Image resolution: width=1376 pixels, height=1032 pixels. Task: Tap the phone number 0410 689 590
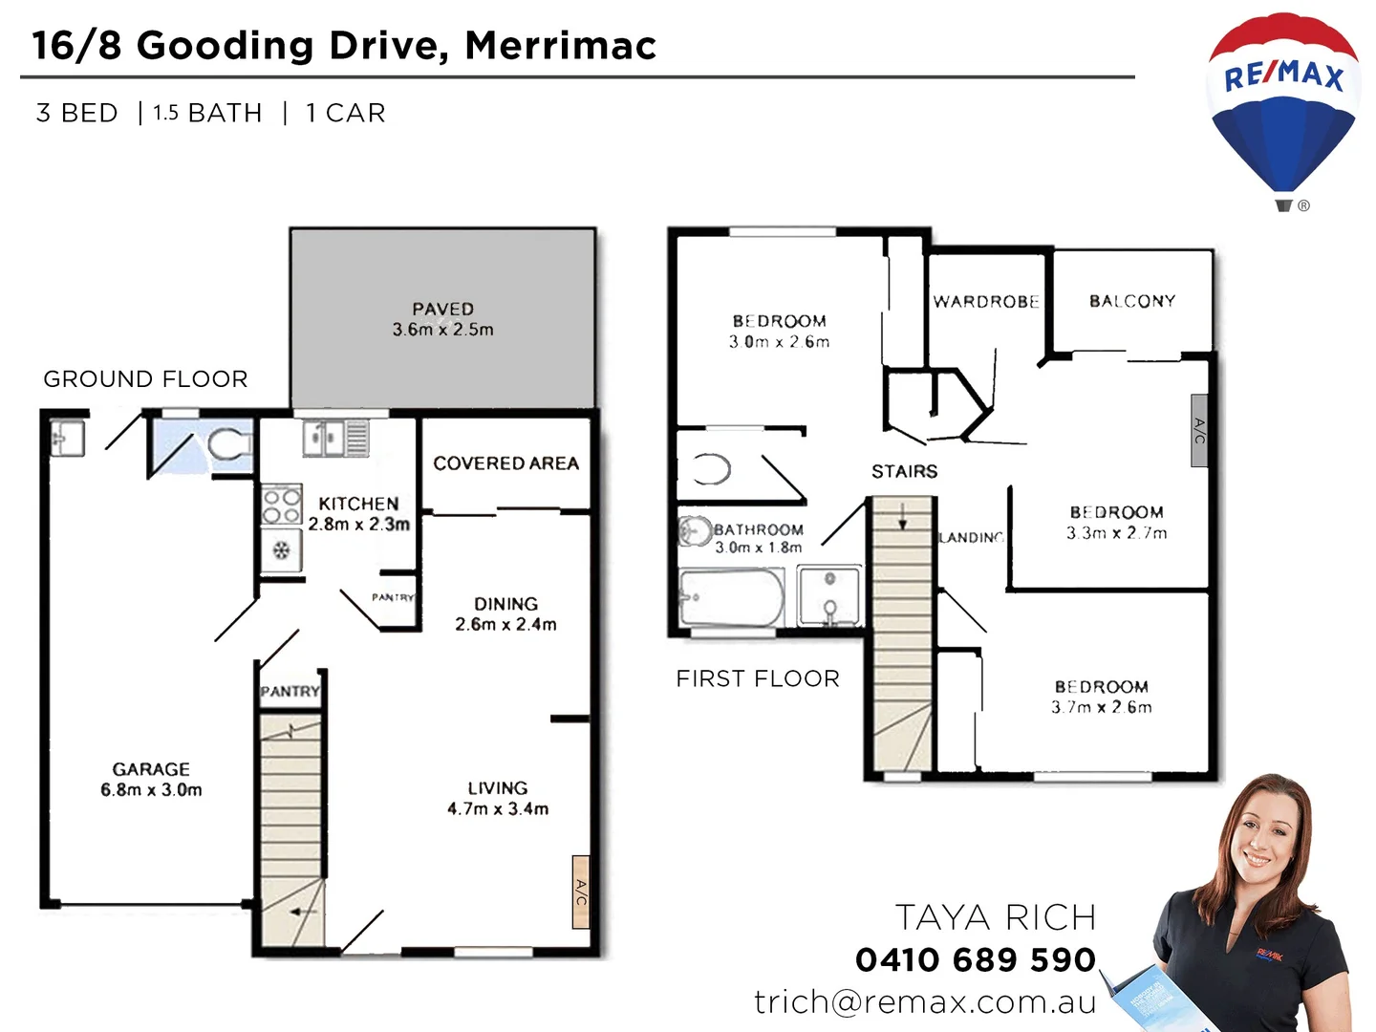975,959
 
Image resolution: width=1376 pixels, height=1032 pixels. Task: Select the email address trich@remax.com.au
925,1001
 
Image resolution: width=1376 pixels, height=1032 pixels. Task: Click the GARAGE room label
151,769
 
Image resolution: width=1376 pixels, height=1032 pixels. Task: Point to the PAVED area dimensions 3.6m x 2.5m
442,330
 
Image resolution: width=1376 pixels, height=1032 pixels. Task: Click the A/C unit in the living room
580,892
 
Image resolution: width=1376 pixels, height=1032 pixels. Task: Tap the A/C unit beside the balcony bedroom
1199,430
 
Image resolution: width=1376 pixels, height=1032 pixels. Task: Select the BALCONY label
1132,301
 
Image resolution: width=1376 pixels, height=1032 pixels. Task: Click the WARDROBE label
986,302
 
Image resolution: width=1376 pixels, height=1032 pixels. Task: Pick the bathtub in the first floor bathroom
731,598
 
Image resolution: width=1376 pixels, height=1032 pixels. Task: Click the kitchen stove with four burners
282,505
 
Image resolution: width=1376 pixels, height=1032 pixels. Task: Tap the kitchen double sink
324,439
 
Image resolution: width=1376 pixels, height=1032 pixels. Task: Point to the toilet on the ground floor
227,445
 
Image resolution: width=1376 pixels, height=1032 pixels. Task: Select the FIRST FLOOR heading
758,678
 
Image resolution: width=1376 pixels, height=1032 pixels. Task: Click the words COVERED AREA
505,463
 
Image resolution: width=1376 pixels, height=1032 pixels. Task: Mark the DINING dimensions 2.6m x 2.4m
505,625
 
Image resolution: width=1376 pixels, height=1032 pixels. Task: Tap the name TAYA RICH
995,917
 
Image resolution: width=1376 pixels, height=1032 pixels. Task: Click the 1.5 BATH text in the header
207,113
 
